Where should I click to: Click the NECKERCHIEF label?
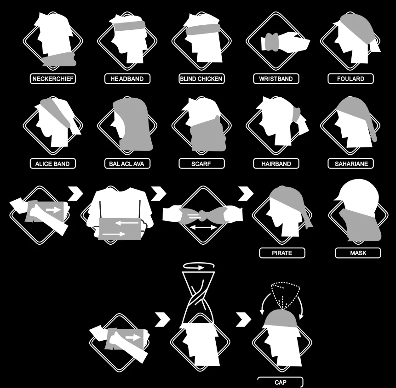53,79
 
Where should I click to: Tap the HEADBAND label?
127,79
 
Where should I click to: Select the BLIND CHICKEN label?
201,79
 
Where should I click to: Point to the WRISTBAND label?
275,79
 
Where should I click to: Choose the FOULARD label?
350,79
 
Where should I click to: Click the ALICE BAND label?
52,163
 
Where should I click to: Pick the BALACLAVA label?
127,163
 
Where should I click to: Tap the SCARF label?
201,163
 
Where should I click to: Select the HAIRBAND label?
276,163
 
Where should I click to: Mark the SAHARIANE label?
351,163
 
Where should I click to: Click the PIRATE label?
282,253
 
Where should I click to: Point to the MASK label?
358,253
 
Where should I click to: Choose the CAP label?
280,382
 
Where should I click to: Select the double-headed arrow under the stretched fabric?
203,227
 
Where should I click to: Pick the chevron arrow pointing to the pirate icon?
246,193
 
